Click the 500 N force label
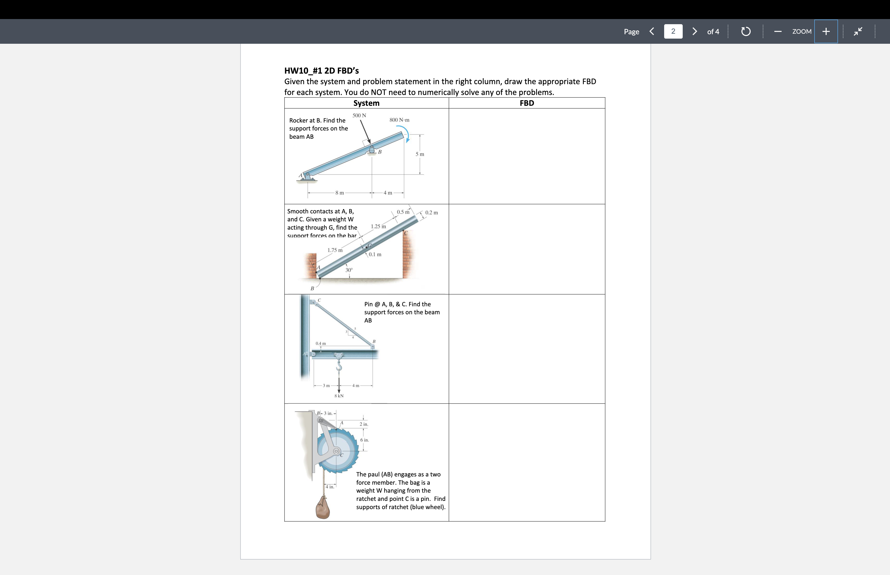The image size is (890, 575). tap(359, 115)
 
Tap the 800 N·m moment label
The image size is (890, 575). tap(399, 120)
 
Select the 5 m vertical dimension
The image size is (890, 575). tap(420, 154)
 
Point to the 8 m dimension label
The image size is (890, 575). tap(339, 193)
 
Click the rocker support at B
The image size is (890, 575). tap(372, 150)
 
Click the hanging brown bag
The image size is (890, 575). tap(323, 508)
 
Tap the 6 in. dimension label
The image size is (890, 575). tap(364, 440)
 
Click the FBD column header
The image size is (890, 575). tap(527, 103)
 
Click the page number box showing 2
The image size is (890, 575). tap(673, 31)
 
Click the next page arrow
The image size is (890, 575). tap(694, 31)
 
